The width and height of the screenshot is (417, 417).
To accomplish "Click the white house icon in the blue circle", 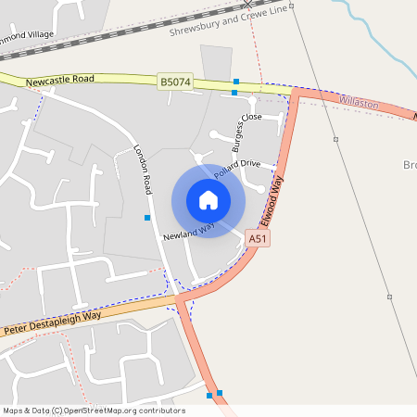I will click(x=208, y=200).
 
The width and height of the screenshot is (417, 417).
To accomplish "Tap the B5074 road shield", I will click(x=174, y=82).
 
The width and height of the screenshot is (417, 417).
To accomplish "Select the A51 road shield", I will click(x=259, y=239).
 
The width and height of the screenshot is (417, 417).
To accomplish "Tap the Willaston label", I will click(x=359, y=103).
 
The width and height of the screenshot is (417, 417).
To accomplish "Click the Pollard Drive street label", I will click(x=237, y=169).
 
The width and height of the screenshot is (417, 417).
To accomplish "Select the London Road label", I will click(x=143, y=167).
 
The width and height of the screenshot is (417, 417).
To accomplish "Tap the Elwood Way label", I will click(x=271, y=203).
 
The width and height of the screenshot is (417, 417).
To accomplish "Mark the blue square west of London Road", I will click(x=147, y=218).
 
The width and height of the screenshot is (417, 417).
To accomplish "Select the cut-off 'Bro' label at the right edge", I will click(x=411, y=165).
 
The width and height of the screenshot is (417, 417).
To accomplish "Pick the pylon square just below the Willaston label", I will click(x=335, y=140).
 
